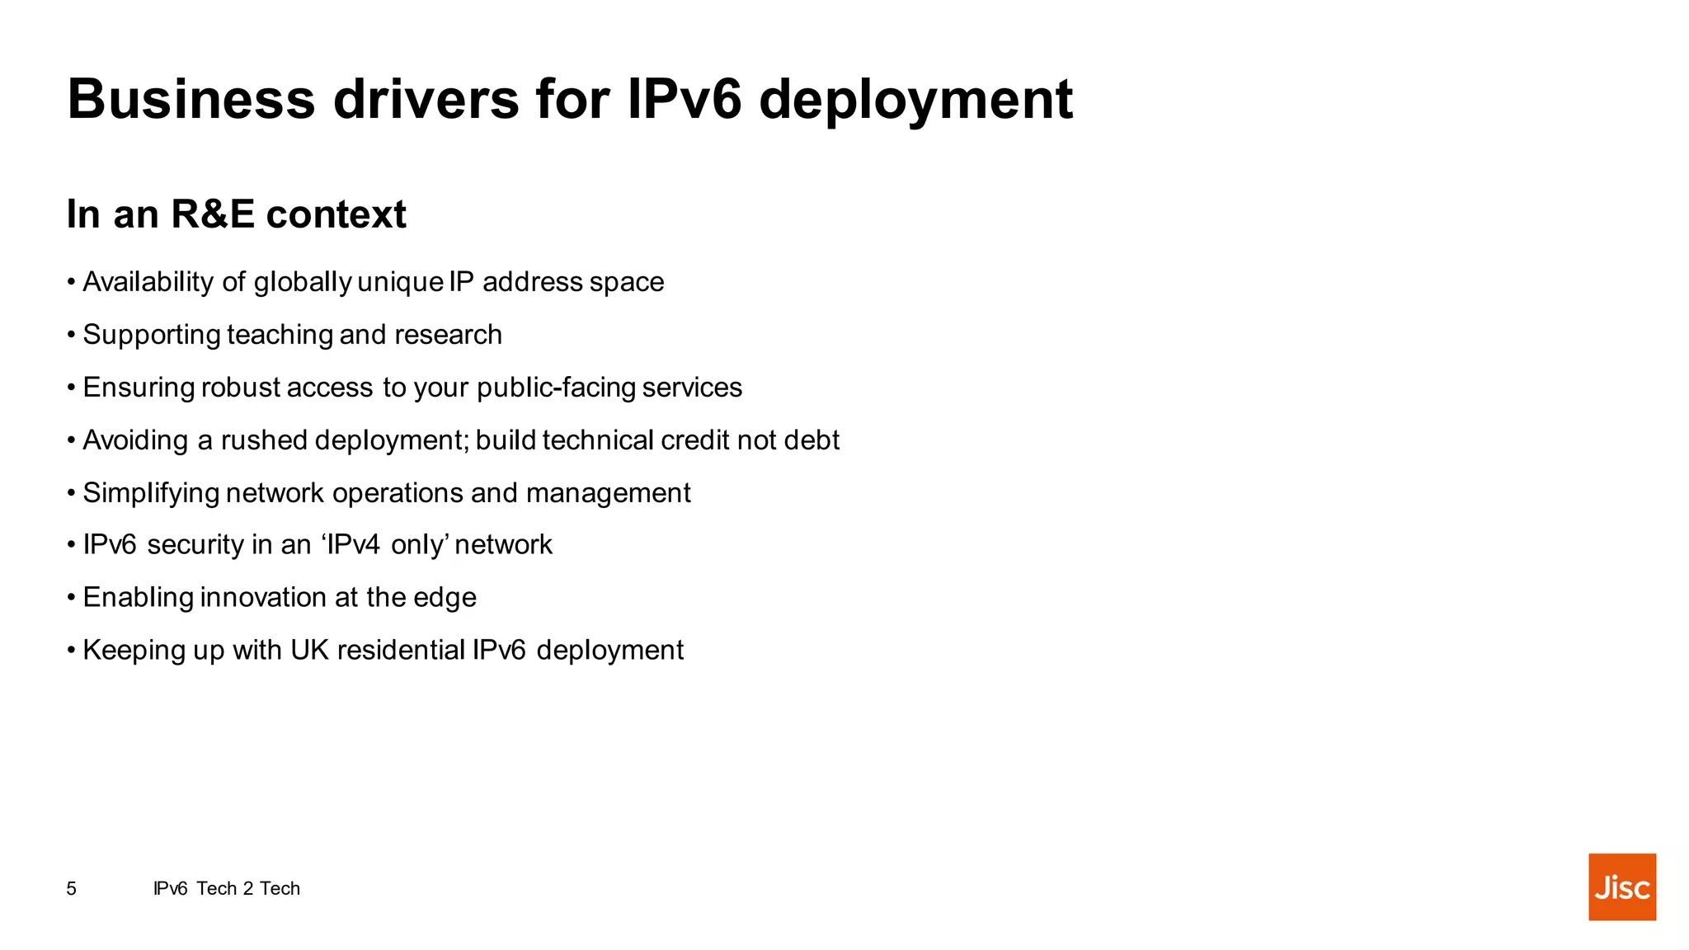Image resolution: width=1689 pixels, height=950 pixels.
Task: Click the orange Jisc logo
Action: pos(1621,887)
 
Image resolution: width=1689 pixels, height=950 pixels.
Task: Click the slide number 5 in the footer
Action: pos(72,888)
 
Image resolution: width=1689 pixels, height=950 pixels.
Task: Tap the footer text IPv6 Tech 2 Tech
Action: pos(227,888)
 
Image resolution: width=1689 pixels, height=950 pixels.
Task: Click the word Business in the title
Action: pos(191,99)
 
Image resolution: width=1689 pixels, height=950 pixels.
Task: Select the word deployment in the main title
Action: pos(915,101)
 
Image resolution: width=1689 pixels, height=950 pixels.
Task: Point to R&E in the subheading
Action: pos(213,214)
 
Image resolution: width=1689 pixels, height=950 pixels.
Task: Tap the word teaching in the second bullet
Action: pos(280,335)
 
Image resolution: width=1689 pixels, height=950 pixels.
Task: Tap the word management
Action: pos(608,493)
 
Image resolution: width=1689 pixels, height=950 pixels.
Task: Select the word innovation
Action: pos(263,597)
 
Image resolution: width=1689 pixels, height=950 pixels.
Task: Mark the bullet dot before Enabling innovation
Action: pos(72,598)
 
